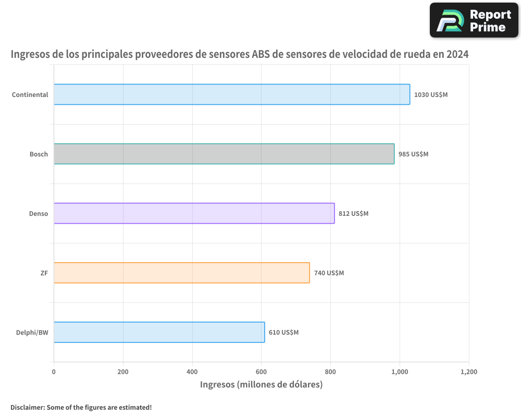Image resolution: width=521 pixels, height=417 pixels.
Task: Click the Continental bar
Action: pos(232,94)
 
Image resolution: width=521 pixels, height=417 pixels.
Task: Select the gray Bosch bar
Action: pos(224,154)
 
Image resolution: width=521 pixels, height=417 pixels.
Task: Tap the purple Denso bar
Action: pos(194,213)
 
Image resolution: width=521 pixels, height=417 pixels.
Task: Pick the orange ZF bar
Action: pos(181,273)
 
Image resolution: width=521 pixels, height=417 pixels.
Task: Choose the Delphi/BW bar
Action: pos(159,332)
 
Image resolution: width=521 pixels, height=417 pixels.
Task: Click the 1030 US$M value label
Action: pos(431,95)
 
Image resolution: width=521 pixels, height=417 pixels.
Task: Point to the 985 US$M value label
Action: pos(413,154)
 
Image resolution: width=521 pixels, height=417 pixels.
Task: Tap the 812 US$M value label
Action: pos(353,214)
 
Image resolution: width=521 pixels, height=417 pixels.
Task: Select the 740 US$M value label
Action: pos(329,273)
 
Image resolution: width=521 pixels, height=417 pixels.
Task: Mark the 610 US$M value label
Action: pos(283,333)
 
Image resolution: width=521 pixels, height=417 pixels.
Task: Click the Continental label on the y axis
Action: pos(30,95)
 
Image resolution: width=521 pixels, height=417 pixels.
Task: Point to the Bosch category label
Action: pos(39,154)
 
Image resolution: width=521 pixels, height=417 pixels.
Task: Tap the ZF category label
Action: pos(44,273)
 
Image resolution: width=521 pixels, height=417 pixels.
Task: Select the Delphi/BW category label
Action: pos(32,333)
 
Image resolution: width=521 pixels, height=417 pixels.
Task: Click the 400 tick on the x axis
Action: pos(192,372)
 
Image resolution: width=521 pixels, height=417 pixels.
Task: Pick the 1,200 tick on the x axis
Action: pos(469,372)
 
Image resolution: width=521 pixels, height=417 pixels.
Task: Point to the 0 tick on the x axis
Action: pos(54,372)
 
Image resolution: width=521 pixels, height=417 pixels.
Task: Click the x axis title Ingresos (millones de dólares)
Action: pos(261,385)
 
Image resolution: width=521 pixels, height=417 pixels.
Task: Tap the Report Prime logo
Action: pos(474,20)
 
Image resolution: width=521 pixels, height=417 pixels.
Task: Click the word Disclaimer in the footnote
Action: pos(27,407)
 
